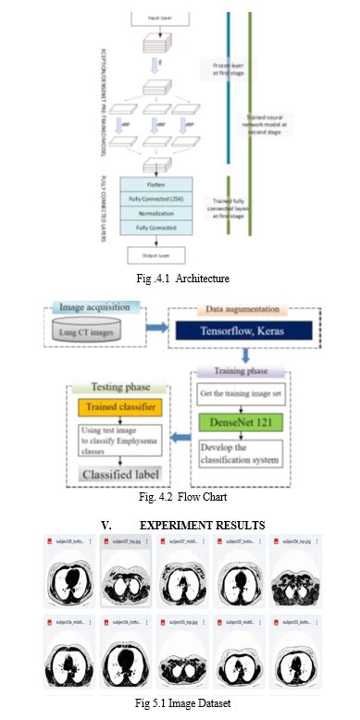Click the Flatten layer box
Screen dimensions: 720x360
point(155,183)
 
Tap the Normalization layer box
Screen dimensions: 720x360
point(155,212)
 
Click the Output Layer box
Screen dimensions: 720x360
point(155,253)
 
